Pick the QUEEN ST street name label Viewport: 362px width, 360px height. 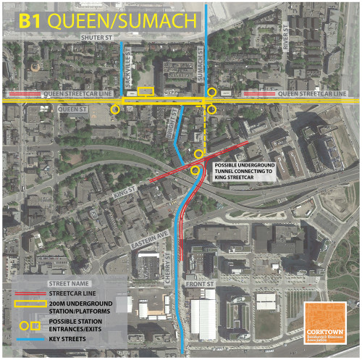pos(72,110)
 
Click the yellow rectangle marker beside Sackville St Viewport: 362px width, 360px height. pos(146,91)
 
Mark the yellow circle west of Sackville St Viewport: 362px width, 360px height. pos(115,109)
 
